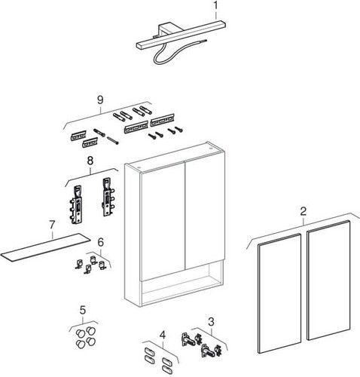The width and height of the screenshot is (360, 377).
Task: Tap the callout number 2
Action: (304, 212)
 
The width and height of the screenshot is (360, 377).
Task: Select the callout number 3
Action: (211, 321)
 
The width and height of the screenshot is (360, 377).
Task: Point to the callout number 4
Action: (163, 335)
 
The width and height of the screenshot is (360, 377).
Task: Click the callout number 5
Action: (83, 310)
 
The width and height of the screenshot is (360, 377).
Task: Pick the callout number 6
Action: (100, 243)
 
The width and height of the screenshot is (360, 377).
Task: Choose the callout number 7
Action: (52, 225)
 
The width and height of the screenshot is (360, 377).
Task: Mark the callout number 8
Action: (90, 161)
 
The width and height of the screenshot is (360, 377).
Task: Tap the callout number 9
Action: (100, 100)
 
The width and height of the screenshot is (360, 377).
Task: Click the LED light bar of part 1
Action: (181, 35)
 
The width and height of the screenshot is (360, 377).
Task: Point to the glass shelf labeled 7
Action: (45, 247)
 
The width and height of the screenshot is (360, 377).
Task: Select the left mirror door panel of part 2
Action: (279, 293)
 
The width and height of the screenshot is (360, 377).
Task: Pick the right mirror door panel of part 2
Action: (328, 280)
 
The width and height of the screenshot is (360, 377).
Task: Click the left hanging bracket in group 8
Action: (76, 204)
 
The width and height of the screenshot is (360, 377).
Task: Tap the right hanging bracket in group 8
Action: (108, 197)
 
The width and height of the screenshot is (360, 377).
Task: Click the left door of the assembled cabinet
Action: (163, 221)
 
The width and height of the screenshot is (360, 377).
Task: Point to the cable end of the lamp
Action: (206, 40)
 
